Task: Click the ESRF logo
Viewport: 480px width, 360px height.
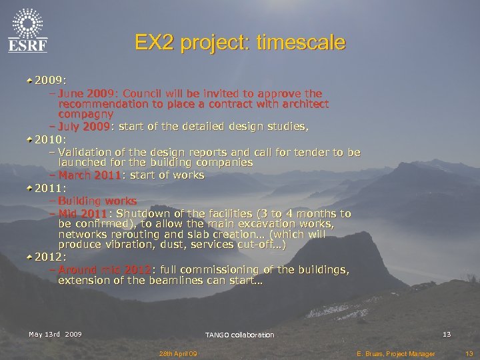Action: [x=28, y=30]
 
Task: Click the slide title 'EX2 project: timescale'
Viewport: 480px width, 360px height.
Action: [x=240, y=43]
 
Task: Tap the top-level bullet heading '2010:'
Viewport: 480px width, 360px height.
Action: [x=51, y=139]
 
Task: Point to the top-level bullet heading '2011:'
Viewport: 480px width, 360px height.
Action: [x=51, y=188]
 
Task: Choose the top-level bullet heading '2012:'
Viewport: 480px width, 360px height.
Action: [x=51, y=257]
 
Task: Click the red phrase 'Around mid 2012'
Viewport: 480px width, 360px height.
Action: [x=105, y=269]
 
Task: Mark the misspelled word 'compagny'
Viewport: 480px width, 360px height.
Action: [x=85, y=114]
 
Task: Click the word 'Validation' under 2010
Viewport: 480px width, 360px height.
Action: [x=87, y=153]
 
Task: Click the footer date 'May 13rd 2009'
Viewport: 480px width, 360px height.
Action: [x=55, y=334]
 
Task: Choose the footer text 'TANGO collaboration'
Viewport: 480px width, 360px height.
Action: [x=239, y=335]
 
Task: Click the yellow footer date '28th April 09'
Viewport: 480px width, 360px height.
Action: [x=177, y=353]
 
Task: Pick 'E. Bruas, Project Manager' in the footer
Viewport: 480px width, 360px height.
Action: [x=395, y=353]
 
